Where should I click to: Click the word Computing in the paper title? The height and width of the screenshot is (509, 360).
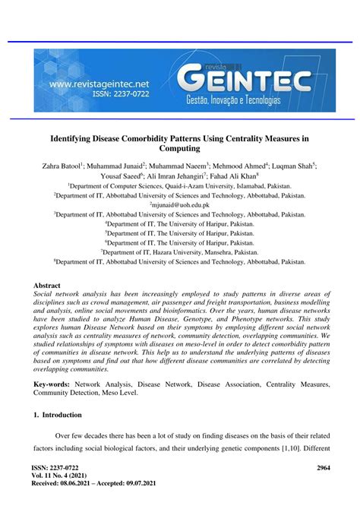[179, 150]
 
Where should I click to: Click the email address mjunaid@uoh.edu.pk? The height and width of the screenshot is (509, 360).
[180, 204]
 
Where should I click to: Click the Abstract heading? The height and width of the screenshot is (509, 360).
[47, 286]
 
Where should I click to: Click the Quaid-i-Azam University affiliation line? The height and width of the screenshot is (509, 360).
[180, 185]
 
